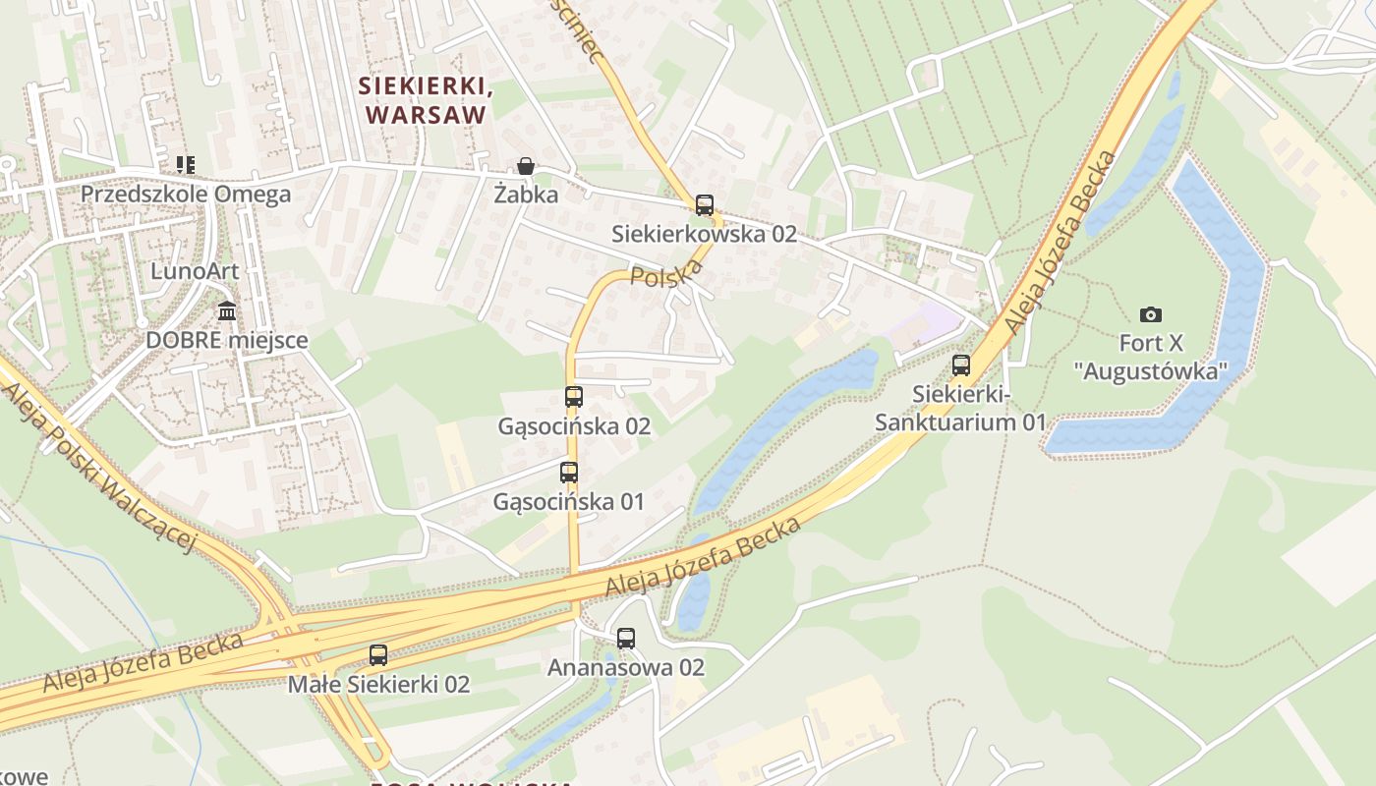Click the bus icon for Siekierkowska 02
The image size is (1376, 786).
(x=704, y=205)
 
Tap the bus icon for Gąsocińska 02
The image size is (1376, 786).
(x=574, y=397)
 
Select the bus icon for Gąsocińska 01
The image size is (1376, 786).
(x=568, y=473)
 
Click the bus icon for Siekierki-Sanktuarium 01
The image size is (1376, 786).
(x=961, y=365)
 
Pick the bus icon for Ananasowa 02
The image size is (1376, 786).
(x=626, y=639)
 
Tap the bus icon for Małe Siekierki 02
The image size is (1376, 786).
(x=378, y=654)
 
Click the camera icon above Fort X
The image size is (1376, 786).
(x=1151, y=314)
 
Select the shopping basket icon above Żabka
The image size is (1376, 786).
(x=526, y=166)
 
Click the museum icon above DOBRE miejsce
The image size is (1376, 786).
(x=227, y=311)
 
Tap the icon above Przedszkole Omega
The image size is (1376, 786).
(x=185, y=164)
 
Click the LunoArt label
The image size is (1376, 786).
(x=195, y=270)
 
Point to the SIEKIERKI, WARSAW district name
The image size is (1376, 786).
(x=427, y=100)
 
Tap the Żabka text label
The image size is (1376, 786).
(x=526, y=195)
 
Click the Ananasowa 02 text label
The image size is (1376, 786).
(x=626, y=668)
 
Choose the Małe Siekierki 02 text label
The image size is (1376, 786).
(x=378, y=684)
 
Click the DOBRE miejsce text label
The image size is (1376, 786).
(x=227, y=341)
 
